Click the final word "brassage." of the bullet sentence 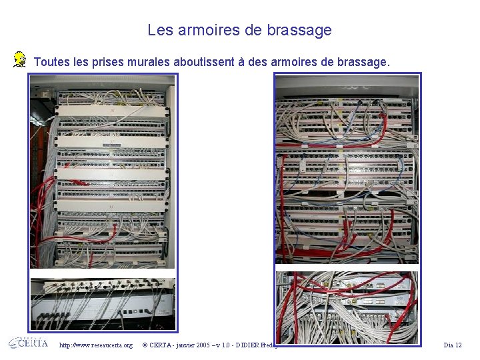coord(363,62)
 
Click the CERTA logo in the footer coord(28,343)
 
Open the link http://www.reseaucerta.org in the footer coord(95,345)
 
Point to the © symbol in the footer coord(145,345)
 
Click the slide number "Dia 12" coord(453,345)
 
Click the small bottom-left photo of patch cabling coord(103,304)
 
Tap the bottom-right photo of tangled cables coord(347,307)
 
